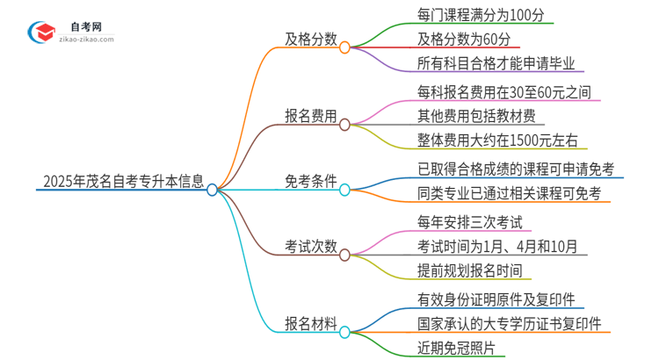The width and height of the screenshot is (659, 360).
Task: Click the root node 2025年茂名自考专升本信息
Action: pos(123,184)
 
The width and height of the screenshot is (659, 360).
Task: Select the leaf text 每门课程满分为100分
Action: pos(486,15)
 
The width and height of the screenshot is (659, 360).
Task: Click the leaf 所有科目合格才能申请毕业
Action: pos(501,63)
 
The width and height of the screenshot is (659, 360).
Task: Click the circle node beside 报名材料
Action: pos(344,332)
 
